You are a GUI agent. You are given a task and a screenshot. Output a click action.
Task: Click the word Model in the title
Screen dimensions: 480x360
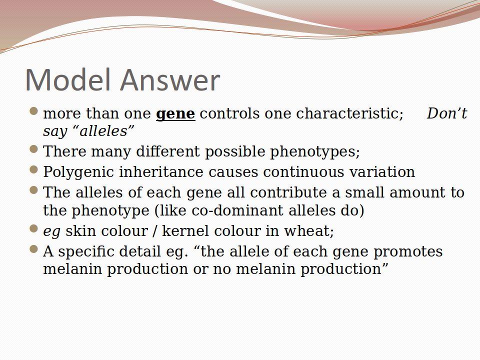pyautogui.click(x=67, y=79)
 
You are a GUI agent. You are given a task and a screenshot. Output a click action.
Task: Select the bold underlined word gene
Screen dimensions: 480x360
pyautogui.click(x=175, y=114)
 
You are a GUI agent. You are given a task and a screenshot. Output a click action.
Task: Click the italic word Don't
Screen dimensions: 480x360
pyautogui.click(x=446, y=113)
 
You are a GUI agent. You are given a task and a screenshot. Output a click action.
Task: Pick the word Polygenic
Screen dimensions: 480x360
pyautogui.click(x=78, y=172)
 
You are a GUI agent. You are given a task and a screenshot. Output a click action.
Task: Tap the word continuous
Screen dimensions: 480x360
pyautogui.click(x=303, y=171)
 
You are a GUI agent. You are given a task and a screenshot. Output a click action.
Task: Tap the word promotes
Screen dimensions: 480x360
pyautogui.click(x=408, y=252)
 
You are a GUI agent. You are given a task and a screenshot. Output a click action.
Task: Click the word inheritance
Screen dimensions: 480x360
pyautogui.click(x=161, y=171)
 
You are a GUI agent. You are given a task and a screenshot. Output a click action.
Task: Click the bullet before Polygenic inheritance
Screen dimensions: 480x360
pyautogui.click(x=34, y=169)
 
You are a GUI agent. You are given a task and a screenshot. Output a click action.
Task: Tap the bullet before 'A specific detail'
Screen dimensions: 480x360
pyautogui.click(x=34, y=249)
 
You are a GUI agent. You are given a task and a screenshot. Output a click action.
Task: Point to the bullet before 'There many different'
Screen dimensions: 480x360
pyautogui.click(x=34, y=149)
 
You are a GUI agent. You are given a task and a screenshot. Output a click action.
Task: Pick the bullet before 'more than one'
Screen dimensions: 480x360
pyautogui.click(x=34, y=111)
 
